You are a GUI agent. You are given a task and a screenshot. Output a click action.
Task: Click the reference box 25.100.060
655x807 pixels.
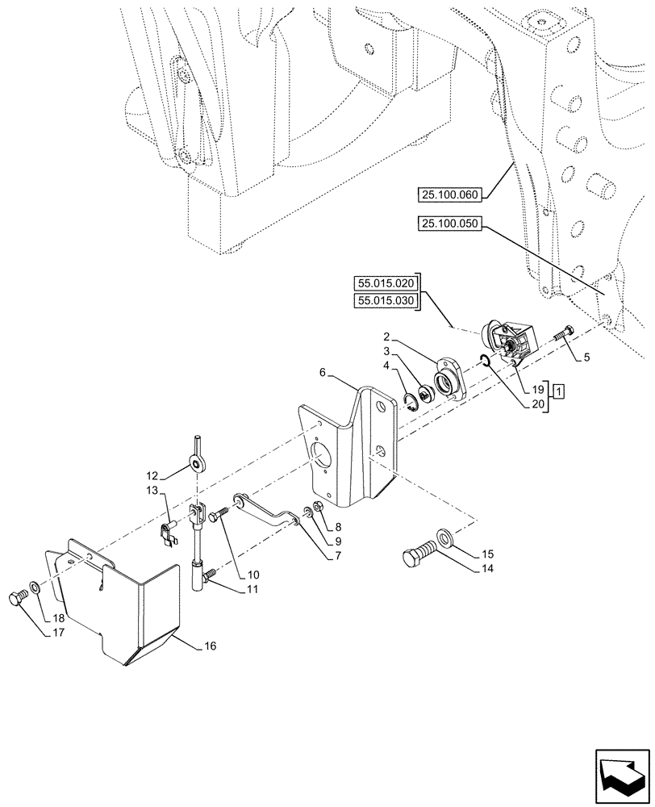[448, 194]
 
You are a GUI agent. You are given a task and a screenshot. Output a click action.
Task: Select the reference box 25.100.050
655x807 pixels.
[448, 227]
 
